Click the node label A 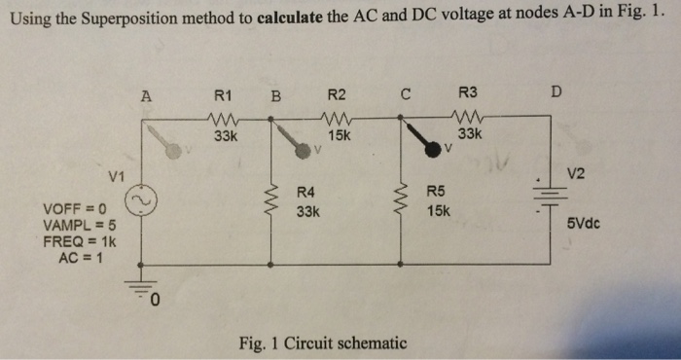click(x=147, y=95)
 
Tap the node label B click(x=275, y=95)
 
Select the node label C click(x=405, y=94)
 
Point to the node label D click(x=555, y=93)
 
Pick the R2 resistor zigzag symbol click(x=337, y=118)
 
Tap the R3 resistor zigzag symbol click(x=468, y=118)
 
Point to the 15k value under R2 click(x=339, y=136)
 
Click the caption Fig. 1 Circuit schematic click(x=322, y=342)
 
